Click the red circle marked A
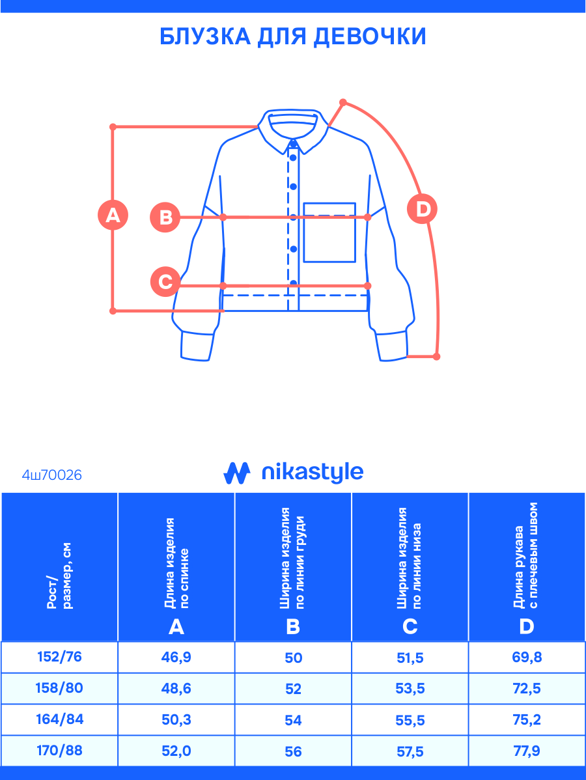coord(113,215)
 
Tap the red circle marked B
coord(165,217)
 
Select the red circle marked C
coord(165,283)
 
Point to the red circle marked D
coord(422,210)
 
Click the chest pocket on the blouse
coord(329,232)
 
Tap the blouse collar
coord(294,126)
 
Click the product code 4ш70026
coord(52,475)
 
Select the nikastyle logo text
coord(312,473)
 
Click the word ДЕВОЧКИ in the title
coord(369,36)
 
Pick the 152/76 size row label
coord(59,657)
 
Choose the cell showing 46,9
coord(176,658)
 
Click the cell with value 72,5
coord(527,688)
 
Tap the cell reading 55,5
coord(410,719)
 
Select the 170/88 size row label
coord(59,751)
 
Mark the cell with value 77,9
coord(527,751)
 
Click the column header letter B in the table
coord(293,626)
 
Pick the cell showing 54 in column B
coord(293,719)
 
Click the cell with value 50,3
coord(176,719)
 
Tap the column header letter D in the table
coord(526,626)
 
